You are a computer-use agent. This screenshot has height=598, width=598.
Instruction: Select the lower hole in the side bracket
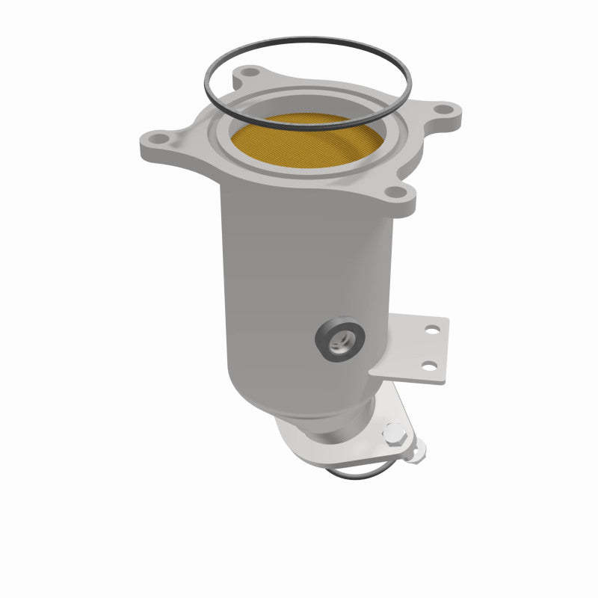click(428, 365)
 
